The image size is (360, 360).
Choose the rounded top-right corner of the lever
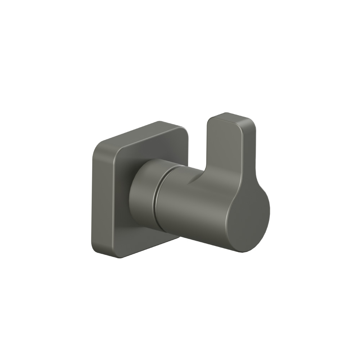point(252,124)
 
